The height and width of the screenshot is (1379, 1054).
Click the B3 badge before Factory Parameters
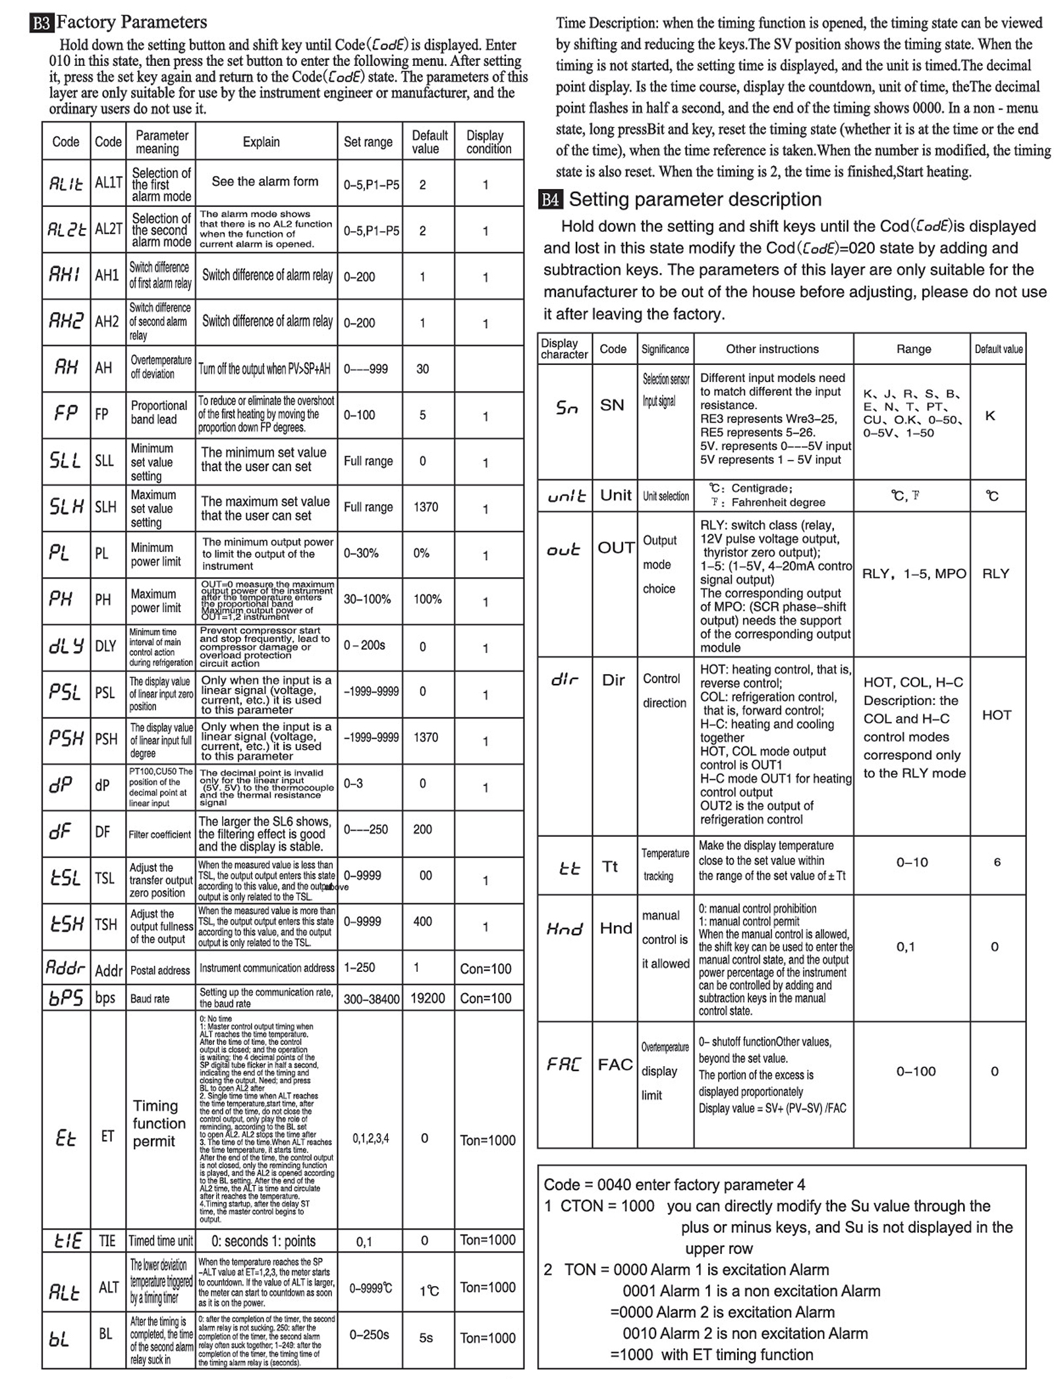point(41,23)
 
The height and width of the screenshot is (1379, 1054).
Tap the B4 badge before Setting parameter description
point(550,200)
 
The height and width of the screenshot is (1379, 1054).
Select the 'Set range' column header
point(368,142)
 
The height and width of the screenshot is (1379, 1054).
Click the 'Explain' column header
point(262,142)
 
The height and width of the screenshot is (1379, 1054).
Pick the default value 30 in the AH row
point(423,369)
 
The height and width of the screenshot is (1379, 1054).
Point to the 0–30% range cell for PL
point(361,553)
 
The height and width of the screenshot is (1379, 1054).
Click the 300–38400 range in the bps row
point(372,999)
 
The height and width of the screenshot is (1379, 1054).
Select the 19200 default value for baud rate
point(428,998)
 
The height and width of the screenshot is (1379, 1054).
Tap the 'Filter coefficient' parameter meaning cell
point(160,834)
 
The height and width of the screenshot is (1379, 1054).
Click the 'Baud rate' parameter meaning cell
point(150,999)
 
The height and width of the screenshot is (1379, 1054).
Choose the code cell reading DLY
point(105,646)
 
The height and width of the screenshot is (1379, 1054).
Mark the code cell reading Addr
point(109,970)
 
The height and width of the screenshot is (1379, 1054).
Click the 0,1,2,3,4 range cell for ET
point(371,1138)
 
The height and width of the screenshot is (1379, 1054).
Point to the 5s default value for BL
point(426,1338)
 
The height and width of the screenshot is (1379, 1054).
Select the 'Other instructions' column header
point(772,349)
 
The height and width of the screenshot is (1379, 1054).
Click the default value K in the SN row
point(990,416)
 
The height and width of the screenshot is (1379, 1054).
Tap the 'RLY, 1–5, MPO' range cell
point(914,574)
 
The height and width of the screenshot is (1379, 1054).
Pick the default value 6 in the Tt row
point(997,862)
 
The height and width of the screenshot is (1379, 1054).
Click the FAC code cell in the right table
point(615,1064)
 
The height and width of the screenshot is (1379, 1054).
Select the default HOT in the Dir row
point(996,715)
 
